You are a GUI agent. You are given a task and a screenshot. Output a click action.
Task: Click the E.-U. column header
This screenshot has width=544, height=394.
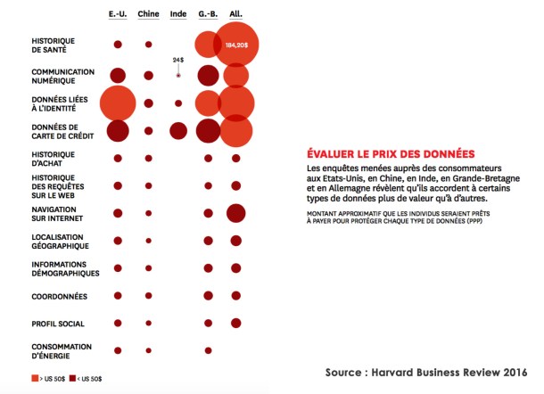[x=118, y=14]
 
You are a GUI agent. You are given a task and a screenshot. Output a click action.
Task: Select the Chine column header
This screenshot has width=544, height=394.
[x=148, y=14]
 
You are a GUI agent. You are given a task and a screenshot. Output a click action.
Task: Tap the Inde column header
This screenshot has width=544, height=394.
[x=178, y=14]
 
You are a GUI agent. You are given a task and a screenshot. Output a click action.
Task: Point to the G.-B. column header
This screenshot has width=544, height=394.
[x=208, y=14]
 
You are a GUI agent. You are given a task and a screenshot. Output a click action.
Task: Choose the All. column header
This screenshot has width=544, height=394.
[x=235, y=14]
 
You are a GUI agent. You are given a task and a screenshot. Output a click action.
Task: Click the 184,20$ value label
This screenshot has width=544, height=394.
[x=236, y=44]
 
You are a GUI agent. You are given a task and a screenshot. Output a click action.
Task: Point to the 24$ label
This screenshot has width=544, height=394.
[x=178, y=60]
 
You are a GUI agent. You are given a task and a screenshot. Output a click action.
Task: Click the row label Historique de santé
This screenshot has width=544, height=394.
[x=54, y=45]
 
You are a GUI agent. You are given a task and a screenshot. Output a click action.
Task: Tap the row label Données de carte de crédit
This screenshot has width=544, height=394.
[x=55, y=131]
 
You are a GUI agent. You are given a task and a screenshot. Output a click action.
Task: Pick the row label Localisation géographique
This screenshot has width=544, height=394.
[x=58, y=241]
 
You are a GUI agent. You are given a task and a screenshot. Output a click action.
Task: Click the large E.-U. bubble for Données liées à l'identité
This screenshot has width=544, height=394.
[x=117, y=103]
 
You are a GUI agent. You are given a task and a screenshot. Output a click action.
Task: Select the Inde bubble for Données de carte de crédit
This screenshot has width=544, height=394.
[x=178, y=131]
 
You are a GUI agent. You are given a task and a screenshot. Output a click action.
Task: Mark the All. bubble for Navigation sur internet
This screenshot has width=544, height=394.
[x=235, y=213]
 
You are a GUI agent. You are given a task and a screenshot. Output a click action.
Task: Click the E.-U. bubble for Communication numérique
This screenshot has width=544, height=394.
[x=118, y=76]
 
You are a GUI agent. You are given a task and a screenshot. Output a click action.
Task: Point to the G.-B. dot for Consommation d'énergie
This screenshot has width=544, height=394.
[x=208, y=350]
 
